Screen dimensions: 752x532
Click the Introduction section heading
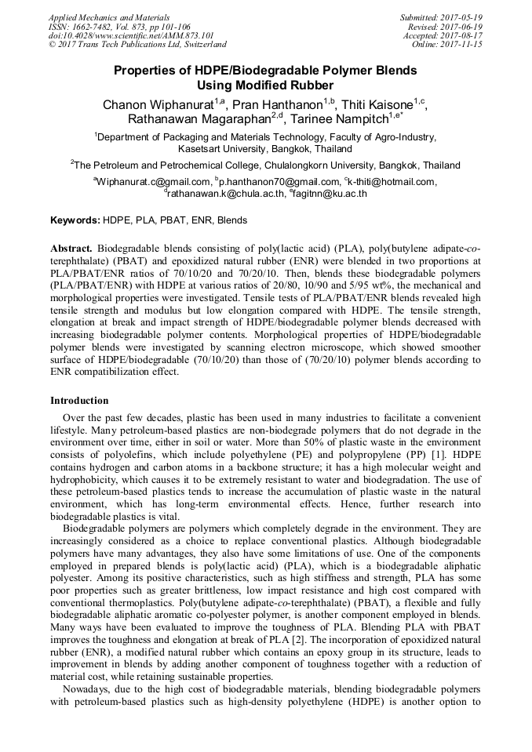79,400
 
